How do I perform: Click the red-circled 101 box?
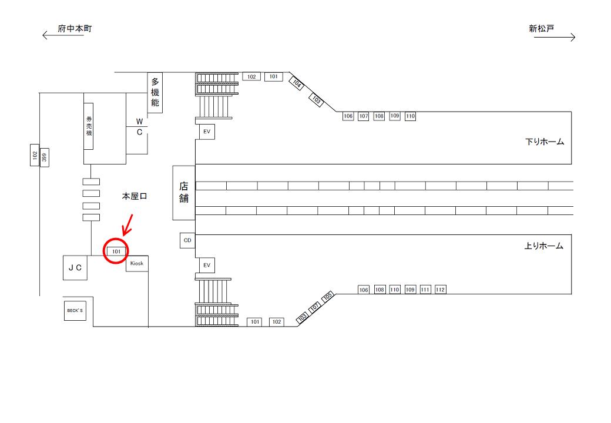116,251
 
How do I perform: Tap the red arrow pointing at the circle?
127,226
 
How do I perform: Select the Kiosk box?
137,263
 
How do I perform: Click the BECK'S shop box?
75,310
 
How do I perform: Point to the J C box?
75,267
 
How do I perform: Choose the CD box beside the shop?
187,240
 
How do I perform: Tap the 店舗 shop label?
184,193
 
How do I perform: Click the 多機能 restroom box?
155,93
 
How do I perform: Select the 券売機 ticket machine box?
89,126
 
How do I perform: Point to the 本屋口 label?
135,196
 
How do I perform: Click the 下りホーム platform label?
545,142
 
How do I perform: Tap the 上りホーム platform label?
543,246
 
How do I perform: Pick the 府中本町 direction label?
75,28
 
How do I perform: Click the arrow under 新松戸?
555,38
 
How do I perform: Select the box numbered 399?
45,157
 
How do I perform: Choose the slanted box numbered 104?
297,83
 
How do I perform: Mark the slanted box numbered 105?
328,297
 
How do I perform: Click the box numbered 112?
440,290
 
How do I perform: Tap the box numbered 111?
425,290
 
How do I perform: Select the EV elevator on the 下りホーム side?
207,132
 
